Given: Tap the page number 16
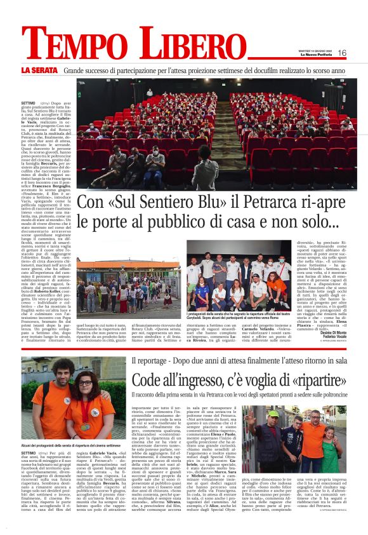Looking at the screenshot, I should [342, 53].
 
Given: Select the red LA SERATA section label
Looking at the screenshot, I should [39, 69].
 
